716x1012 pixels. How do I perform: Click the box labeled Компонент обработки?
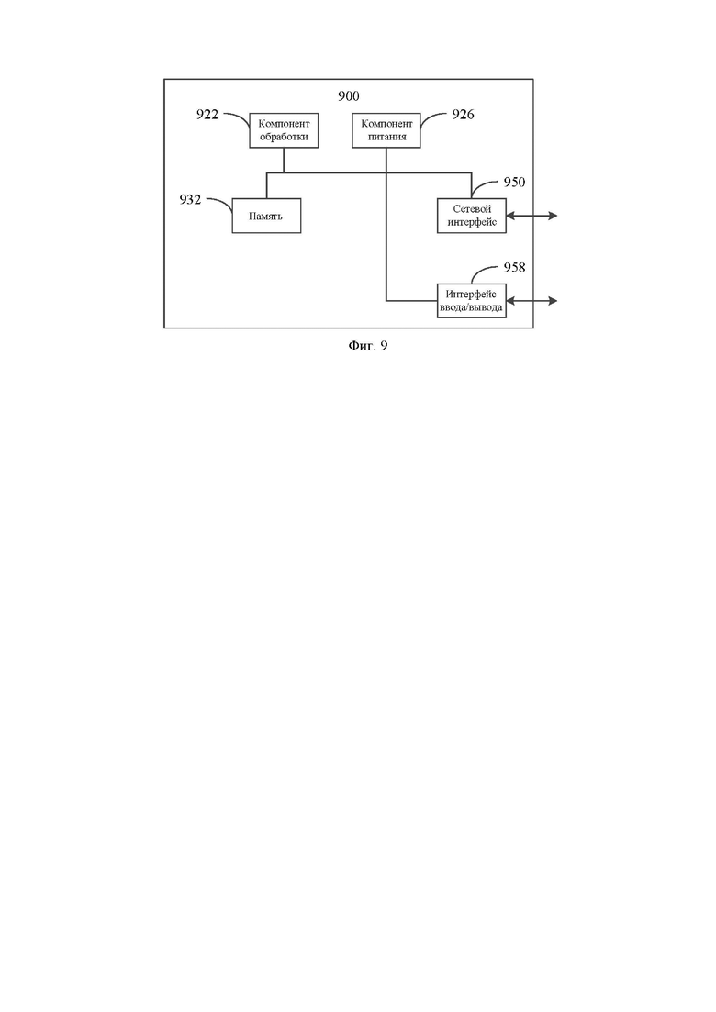pyautogui.click(x=284, y=130)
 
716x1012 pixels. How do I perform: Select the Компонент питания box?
pyautogui.click(x=386, y=130)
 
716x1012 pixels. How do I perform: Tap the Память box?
pyautogui.click(x=266, y=216)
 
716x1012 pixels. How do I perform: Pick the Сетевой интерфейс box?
pyautogui.click(x=471, y=216)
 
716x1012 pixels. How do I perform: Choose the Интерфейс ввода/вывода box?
pyautogui.click(x=471, y=301)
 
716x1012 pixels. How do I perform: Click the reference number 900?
pyautogui.click(x=349, y=96)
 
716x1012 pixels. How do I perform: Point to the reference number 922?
pyautogui.click(x=207, y=115)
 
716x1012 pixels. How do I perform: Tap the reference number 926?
pyautogui.click(x=463, y=115)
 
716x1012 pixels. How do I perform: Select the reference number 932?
pyautogui.click(x=190, y=199)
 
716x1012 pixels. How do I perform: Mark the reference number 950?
pyautogui.click(x=515, y=182)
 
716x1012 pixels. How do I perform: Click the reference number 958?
pyautogui.click(x=515, y=267)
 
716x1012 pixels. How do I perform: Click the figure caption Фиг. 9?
pyautogui.click(x=368, y=346)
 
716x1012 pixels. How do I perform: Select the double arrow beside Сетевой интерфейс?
pyautogui.click(x=531, y=216)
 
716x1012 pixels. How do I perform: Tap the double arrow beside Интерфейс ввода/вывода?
pyautogui.click(x=531, y=301)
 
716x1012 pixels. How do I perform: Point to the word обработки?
pyautogui.click(x=284, y=137)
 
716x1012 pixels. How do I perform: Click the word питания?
pyautogui.click(x=386, y=137)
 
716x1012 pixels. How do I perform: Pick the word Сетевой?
pyautogui.click(x=472, y=209)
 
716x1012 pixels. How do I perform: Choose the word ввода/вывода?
pyautogui.click(x=471, y=307)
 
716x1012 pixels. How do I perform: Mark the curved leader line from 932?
pyautogui.click(x=220, y=203)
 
